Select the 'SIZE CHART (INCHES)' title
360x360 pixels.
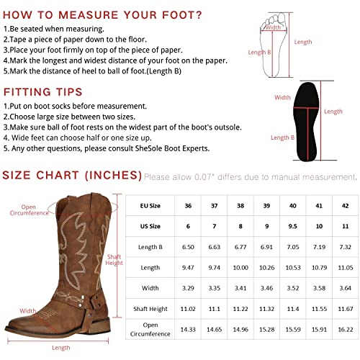[x=71, y=175]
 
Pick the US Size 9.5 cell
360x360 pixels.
[x=292, y=226]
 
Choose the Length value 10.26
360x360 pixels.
[x=266, y=268]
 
